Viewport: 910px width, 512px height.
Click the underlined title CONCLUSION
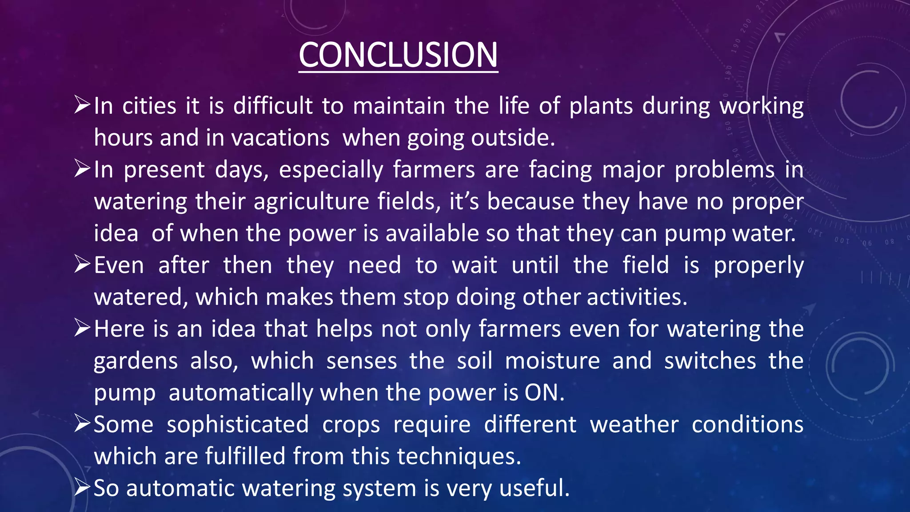pyautogui.click(x=398, y=55)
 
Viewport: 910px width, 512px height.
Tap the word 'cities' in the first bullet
pyautogui.click(x=149, y=106)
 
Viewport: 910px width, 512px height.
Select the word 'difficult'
pyautogui.click(x=273, y=106)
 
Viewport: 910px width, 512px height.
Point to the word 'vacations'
pyautogui.click(x=280, y=138)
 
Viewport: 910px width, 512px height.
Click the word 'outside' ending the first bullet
pyautogui.click(x=511, y=138)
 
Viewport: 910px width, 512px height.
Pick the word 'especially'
pyautogui.click(x=331, y=170)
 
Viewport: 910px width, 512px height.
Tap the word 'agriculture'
pyautogui.click(x=311, y=202)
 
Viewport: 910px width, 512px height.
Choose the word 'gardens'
pyautogui.click(x=136, y=361)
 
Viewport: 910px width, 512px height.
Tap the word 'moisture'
pyautogui.click(x=552, y=361)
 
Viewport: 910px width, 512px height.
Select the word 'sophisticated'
pyautogui.click(x=238, y=425)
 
